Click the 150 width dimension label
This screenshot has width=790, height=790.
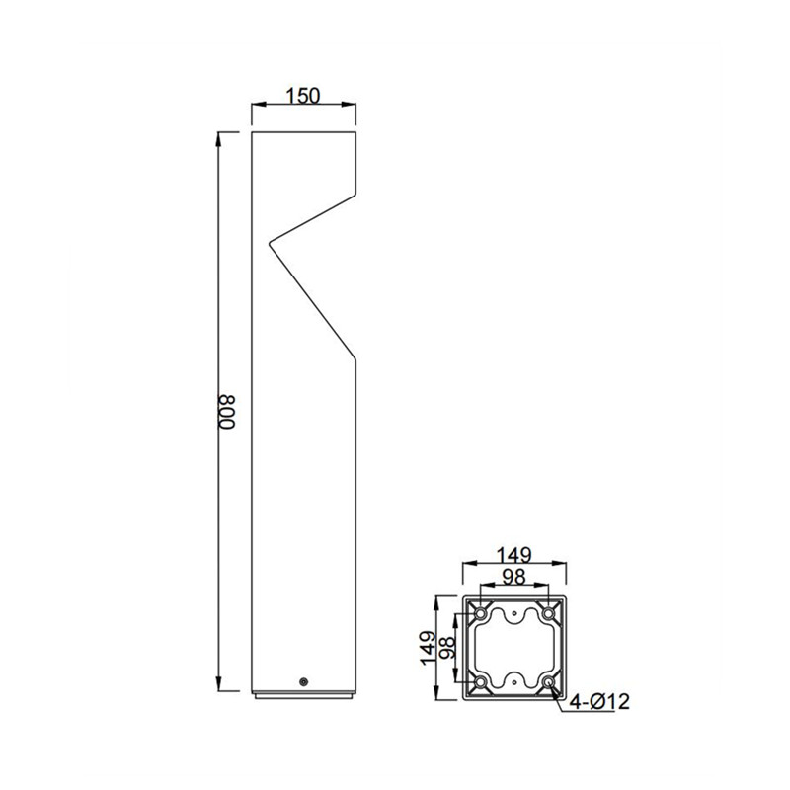coord(303,95)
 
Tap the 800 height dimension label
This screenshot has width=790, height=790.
coord(227,412)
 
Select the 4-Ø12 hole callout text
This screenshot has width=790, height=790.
coord(599,701)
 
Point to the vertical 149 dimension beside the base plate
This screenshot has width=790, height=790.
coord(430,648)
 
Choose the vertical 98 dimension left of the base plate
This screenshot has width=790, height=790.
coord(448,648)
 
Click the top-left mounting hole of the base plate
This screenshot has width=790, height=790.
coord(481,614)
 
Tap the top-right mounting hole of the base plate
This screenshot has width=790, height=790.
coord(548,614)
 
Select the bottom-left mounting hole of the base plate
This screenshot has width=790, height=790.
coord(481,682)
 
